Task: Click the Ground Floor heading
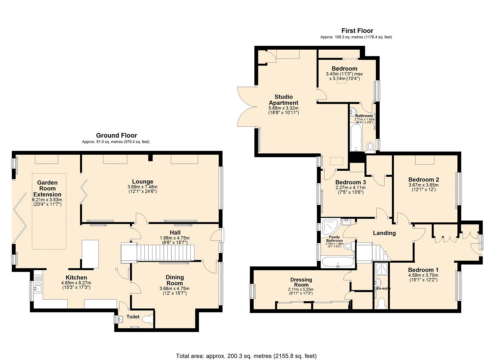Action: pyautogui.click(x=116, y=135)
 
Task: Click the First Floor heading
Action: pyautogui.click(x=357, y=31)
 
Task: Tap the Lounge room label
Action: pyautogui.click(x=142, y=182)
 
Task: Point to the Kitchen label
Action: pyautogui.click(x=76, y=277)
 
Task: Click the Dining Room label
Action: pyautogui.click(x=175, y=280)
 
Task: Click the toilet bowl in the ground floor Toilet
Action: pyautogui.click(x=147, y=319)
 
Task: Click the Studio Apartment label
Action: pyautogui.click(x=283, y=100)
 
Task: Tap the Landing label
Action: pyautogui.click(x=384, y=233)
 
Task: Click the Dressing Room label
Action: pyautogui.click(x=301, y=282)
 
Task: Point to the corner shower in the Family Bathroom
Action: pyautogui.click(x=329, y=227)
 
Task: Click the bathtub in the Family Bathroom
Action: pyautogui.click(x=337, y=262)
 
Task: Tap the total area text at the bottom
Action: pyautogui.click(x=246, y=356)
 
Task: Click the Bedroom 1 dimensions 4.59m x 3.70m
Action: pyautogui.click(x=423, y=275)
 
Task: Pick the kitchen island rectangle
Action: pyautogui.click(x=90, y=254)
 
